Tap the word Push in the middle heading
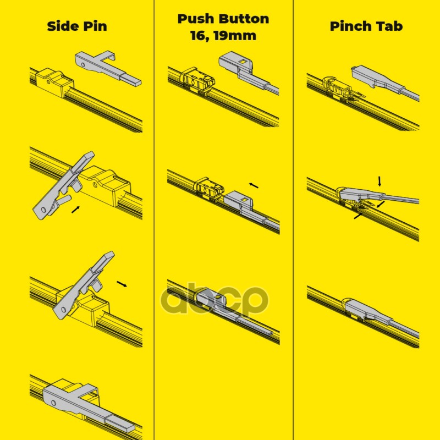coord(196,19)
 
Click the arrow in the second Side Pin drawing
coord(76,210)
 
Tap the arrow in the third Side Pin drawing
coord(122,284)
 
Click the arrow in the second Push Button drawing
coord(254,185)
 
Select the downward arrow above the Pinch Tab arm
coord(380,182)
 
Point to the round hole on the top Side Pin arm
coord(83,65)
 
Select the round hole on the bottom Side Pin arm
coord(54,403)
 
